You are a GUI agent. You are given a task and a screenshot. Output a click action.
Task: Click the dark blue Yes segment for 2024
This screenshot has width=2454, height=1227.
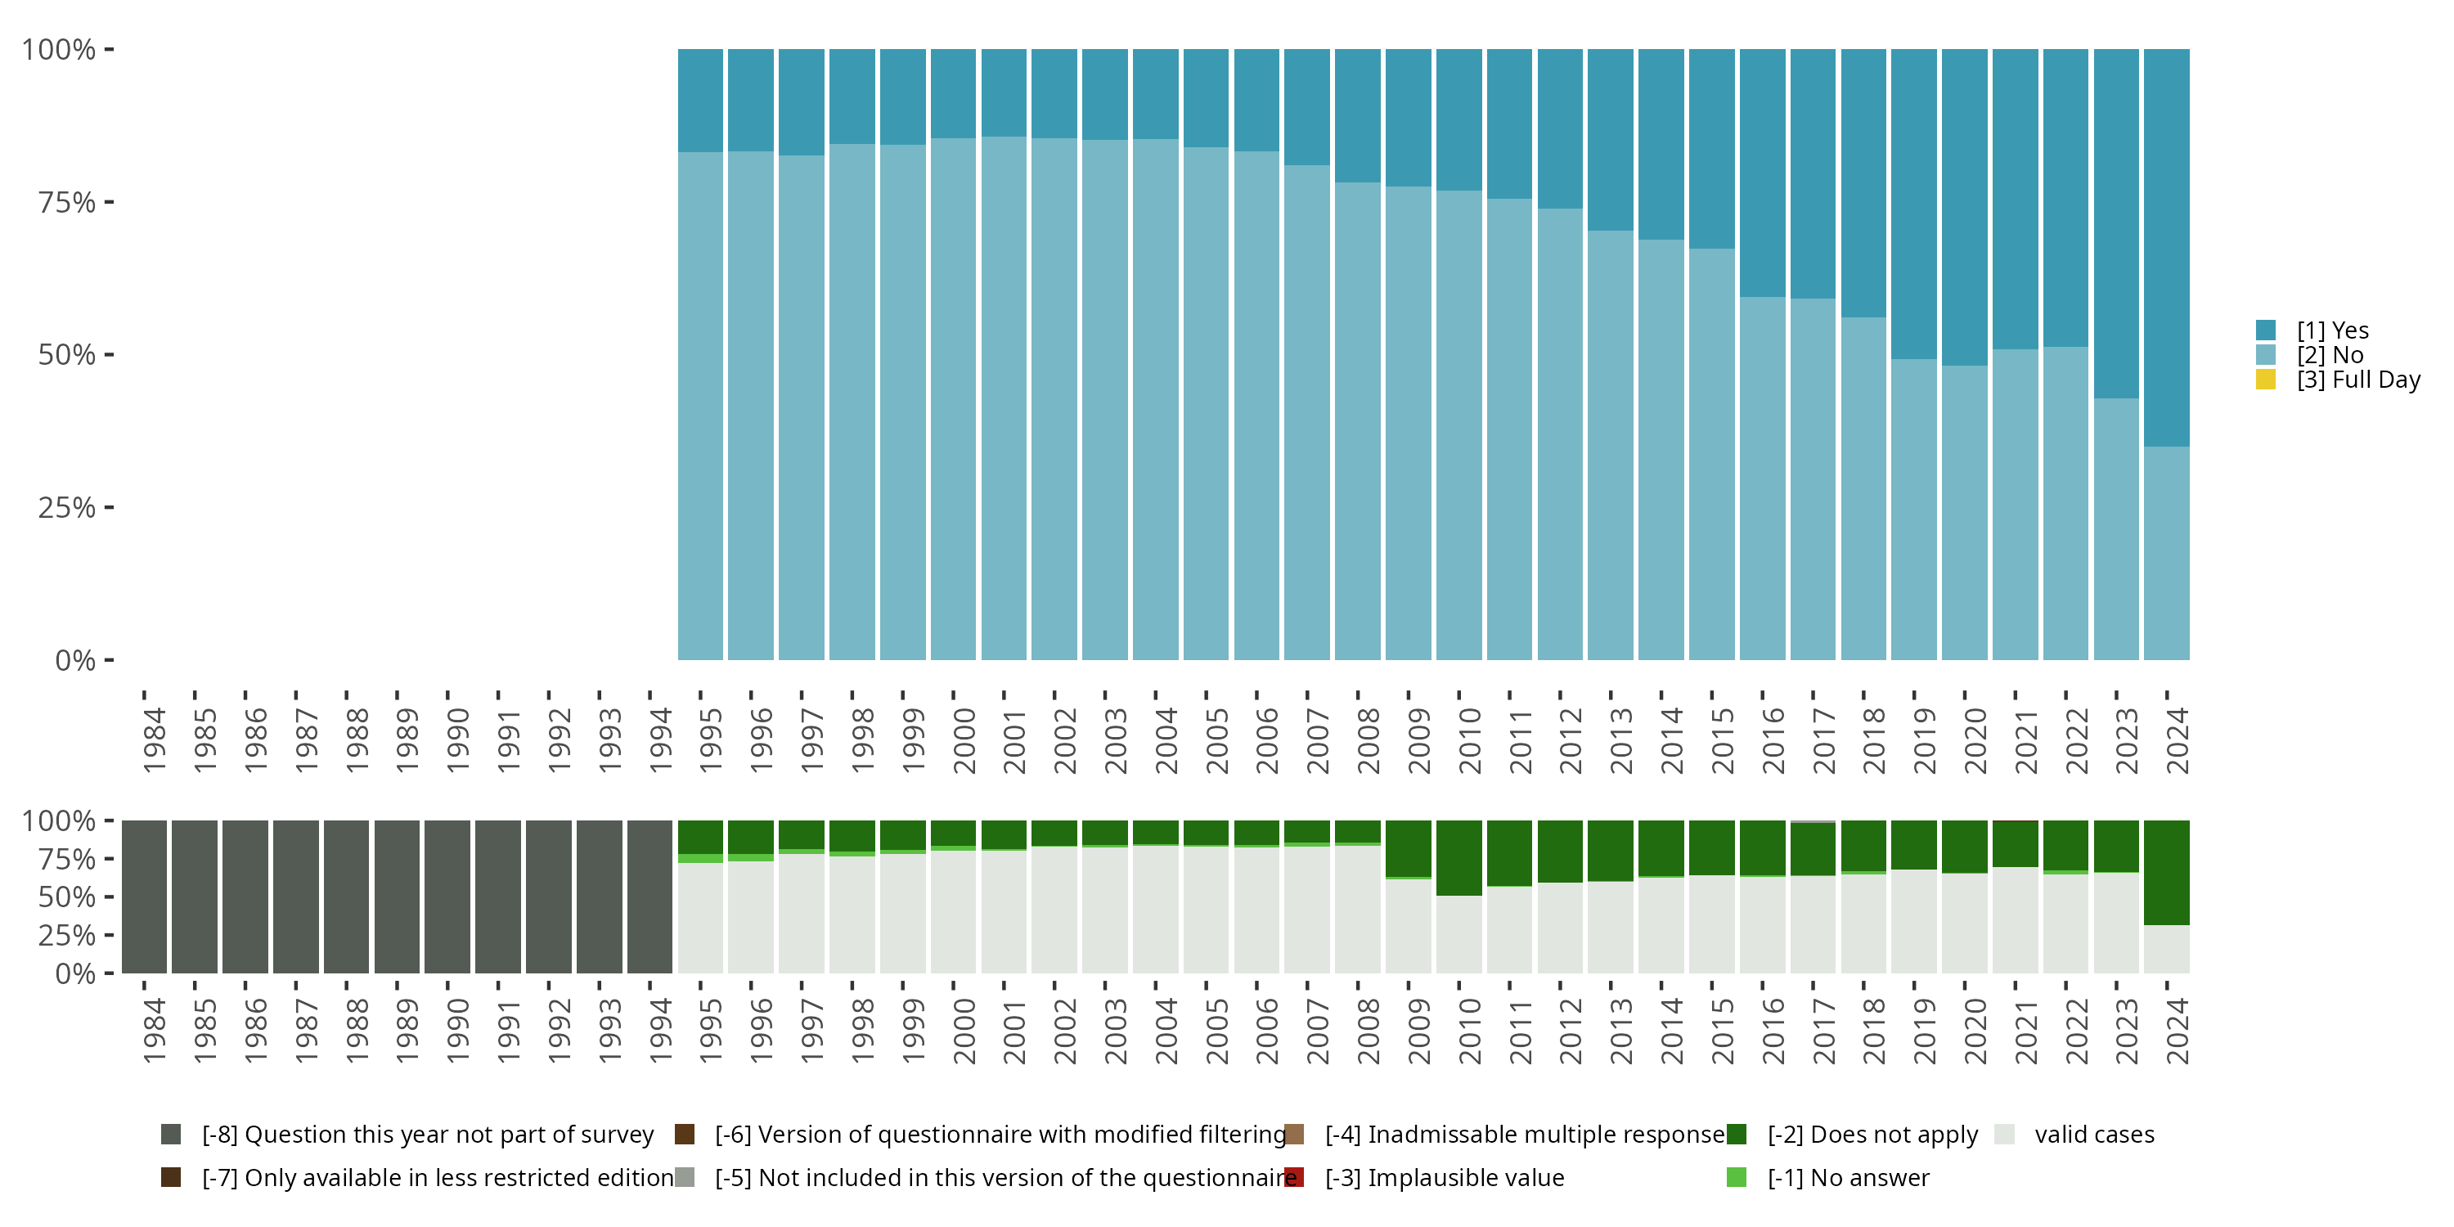pos(2165,248)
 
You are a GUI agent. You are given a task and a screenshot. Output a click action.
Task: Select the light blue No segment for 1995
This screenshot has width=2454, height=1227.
pos(700,406)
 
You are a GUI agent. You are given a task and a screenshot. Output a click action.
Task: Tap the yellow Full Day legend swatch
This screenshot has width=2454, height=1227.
pos(2265,380)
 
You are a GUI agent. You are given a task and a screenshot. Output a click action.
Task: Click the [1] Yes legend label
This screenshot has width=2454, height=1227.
pos(2332,330)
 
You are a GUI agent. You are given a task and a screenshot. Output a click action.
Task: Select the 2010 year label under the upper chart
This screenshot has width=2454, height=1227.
pos(1470,740)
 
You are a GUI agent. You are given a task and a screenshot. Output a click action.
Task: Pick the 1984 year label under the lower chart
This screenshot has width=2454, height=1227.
pos(155,1031)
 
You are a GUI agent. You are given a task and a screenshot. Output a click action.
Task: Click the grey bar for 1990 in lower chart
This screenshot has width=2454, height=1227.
pos(447,897)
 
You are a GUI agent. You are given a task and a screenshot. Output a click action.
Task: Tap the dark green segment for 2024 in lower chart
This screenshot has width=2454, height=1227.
pos(2165,873)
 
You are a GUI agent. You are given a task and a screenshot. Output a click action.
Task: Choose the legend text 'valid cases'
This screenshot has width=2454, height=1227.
pos(2094,1135)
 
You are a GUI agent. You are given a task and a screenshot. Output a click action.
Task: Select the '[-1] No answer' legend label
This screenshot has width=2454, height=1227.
pos(1848,1177)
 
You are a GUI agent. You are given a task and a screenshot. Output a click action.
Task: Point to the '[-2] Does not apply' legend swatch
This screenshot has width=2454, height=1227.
pos(1737,1135)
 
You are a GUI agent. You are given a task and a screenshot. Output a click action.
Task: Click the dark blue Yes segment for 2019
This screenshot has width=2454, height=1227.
pos(1913,204)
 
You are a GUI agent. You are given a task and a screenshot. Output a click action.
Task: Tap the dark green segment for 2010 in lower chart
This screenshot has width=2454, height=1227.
pos(1458,857)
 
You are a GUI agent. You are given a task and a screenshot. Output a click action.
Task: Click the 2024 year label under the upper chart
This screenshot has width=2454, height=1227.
pos(2178,740)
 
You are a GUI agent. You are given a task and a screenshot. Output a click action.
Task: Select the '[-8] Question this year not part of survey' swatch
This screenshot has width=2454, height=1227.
pos(172,1135)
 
